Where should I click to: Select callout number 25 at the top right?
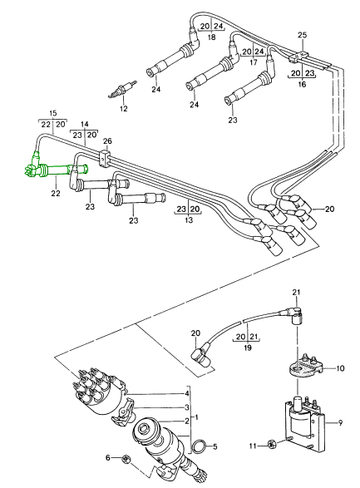coord(302,35)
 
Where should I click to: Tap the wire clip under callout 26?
coord(105,158)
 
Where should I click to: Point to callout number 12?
coord(124,109)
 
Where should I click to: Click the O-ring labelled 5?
coord(199,446)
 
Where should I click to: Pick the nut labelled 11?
coord(272,446)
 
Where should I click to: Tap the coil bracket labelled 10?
coord(304,367)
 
